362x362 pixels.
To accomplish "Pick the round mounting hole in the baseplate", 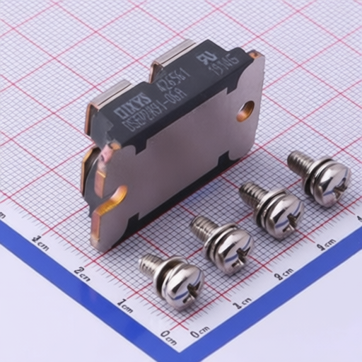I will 245,109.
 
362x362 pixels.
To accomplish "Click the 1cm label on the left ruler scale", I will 125,305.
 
